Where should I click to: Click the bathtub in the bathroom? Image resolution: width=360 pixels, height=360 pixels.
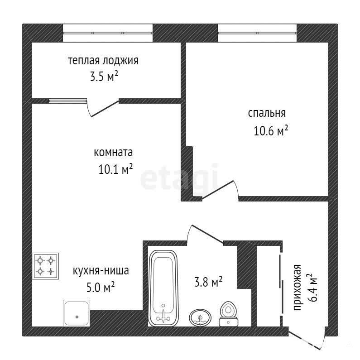(x=163, y=288)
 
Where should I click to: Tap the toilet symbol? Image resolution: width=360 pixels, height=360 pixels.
(x=228, y=314)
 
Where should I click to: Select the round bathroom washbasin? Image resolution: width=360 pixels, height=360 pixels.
(x=200, y=317)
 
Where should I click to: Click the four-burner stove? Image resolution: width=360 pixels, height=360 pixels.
(x=45, y=266)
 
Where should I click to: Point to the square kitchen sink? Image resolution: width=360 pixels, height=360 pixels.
(x=77, y=313)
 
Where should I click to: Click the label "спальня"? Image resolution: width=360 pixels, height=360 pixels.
(x=267, y=113)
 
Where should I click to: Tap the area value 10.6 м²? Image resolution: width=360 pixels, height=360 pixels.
(x=271, y=130)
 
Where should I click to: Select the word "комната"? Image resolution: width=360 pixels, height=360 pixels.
(x=113, y=153)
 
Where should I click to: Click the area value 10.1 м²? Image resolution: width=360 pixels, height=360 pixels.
(x=116, y=169)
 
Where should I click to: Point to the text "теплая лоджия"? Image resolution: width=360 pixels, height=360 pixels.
(x=103, y=61)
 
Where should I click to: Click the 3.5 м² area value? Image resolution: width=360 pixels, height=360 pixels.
(x=104, y=77)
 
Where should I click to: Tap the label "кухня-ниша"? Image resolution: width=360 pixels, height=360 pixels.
(x=101, y=271)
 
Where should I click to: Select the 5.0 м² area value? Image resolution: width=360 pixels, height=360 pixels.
(x=101, y=287)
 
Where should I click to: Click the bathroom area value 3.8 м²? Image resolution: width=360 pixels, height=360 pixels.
(x=208, y=282)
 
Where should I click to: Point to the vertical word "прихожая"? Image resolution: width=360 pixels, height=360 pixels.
(x=297, y=288)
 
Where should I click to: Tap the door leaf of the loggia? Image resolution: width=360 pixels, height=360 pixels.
(x=105, y=108)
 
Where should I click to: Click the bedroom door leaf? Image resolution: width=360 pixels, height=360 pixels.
(x=218, y=189)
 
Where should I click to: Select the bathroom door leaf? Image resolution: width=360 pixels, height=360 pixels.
(x=207, y=234)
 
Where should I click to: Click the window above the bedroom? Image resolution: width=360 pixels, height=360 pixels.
(x=257, y=33)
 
